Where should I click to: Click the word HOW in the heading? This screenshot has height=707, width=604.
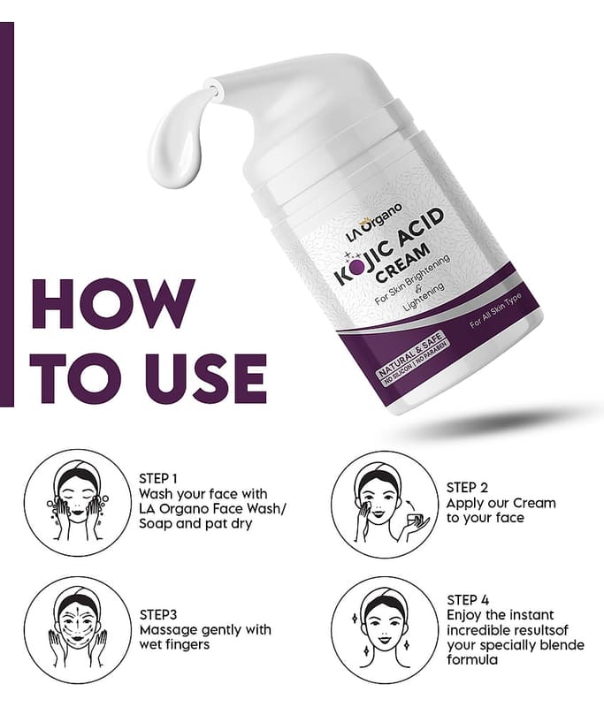click(113, 304)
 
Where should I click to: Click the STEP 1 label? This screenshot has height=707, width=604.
click(158, 478)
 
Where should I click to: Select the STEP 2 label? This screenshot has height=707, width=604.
click(467, 488)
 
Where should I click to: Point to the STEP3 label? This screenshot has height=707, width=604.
click(158, 614)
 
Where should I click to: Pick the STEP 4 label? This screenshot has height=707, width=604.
click(468, 600)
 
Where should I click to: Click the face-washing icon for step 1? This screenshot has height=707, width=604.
click(77, 503)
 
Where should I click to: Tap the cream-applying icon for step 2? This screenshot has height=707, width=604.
click(385, 504)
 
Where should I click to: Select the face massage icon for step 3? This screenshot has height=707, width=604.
click(77, 629)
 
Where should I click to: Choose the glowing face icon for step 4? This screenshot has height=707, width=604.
click(385, 629)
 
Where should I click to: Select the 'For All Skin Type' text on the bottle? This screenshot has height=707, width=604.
click(495, 311)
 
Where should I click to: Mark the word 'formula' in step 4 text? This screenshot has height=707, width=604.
click(472, 660)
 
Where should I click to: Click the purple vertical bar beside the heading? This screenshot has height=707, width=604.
click(7, 214)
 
